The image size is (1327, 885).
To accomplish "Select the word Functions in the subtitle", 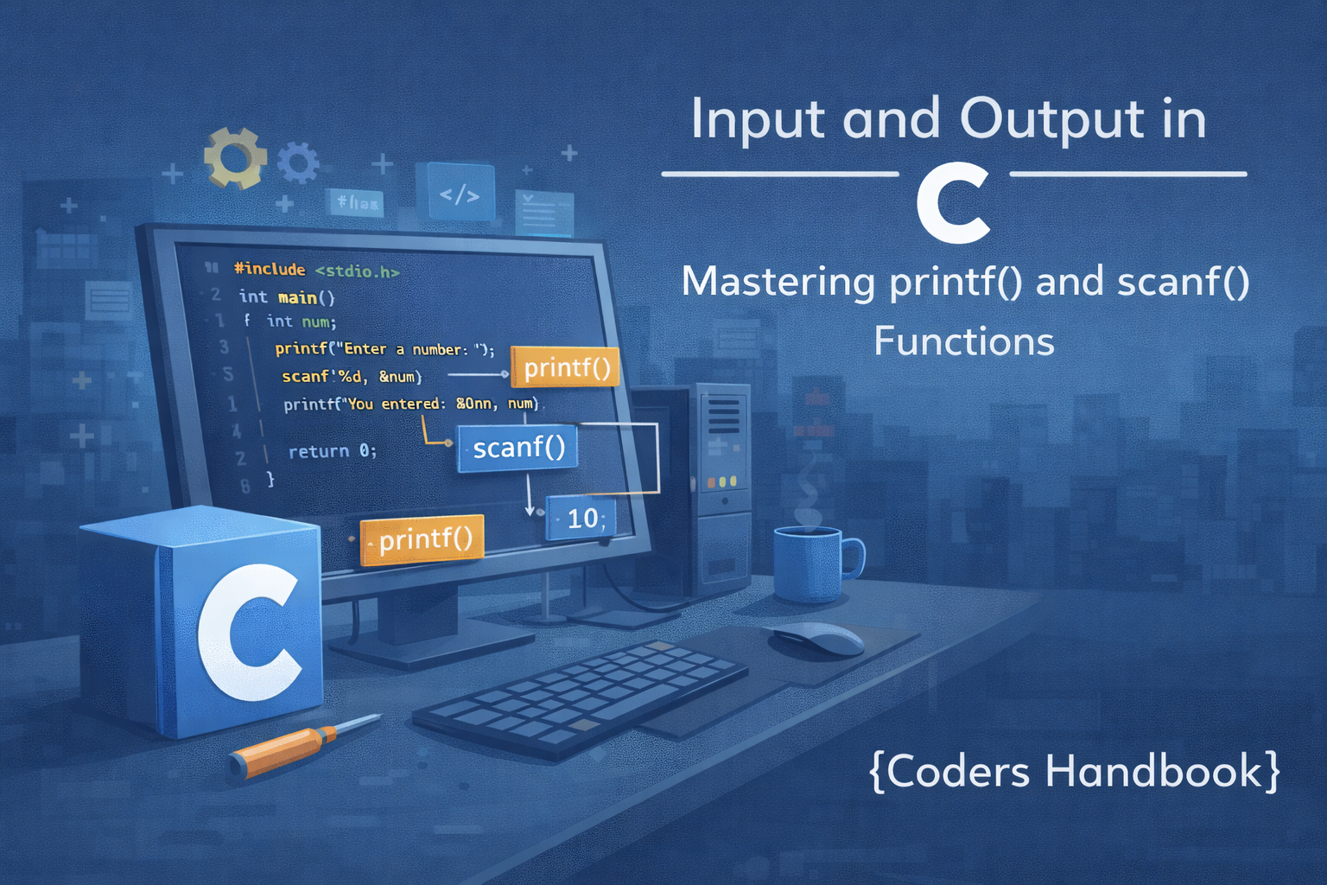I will click(x=963, y=341).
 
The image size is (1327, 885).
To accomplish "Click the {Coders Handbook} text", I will click(x=1074, y=771).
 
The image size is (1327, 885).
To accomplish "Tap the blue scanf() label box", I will click(x=517, y=448).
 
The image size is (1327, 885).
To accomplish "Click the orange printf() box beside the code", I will click(x=566, y=368).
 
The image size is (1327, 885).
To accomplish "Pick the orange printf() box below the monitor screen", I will click(x=422, y=540).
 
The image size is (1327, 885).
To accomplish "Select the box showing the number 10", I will click(x=581, y=518).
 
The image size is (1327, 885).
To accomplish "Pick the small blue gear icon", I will click(x=298, y=162).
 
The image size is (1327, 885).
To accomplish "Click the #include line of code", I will click(x=316, y=271).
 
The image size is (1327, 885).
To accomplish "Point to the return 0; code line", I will click(x=332, y=451).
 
